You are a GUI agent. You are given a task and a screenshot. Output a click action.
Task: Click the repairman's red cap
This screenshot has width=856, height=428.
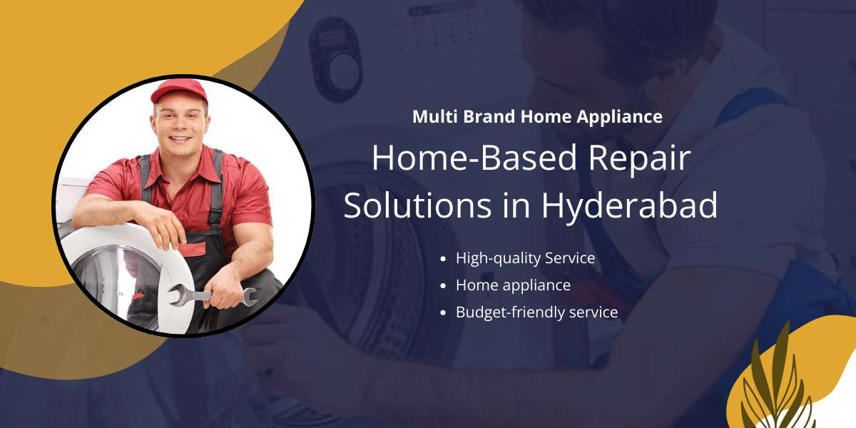pos(179,91)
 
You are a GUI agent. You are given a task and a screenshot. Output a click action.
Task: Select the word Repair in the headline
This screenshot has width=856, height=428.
pos(639,158)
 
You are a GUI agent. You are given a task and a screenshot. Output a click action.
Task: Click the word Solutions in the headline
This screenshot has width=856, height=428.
pos(417,205)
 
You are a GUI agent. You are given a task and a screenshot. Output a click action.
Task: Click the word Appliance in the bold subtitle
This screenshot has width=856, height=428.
pos(619,117)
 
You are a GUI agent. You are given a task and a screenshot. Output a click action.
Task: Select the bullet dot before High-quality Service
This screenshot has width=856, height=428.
pos(443,259)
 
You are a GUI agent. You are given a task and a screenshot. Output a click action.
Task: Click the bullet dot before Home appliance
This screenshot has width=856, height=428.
pos(443,285)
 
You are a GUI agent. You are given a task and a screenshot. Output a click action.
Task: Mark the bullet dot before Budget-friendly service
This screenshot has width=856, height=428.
pos(443,312)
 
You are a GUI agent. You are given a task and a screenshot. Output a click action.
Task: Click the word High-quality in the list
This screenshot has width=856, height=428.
pos(498,259)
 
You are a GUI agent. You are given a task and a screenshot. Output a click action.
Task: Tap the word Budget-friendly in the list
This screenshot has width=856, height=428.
pos(510,312)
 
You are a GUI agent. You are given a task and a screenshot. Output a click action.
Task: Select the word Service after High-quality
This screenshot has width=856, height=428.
pos(570,258)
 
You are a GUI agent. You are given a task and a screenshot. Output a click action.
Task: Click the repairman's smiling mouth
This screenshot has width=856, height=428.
pos(180,138)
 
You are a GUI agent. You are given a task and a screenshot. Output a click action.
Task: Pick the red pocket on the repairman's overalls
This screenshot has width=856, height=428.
pos(193,249)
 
